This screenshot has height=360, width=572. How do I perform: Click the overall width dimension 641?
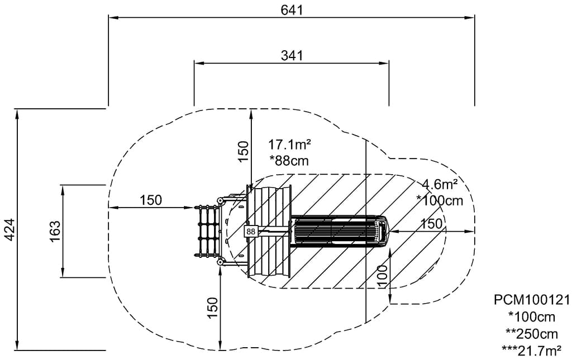pyautogui.click(x=292, y=9)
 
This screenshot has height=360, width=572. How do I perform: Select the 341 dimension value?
pyautogui.click(x=292, y=55)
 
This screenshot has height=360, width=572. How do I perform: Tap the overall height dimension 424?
pyautogui.click(x=10, y=229)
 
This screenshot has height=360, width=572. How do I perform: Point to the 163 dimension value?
pyautogui.click(x=54, y=230)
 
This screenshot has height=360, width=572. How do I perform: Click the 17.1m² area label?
pyautogui.click(x=290, y=145)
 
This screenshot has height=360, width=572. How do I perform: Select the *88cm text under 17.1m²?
pyautogui.click(x=289, y=160)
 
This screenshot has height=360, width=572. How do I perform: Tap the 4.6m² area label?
pyautogui.click(x=440, y=184)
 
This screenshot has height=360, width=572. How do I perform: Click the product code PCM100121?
pyautogui.click(x=532, y=301)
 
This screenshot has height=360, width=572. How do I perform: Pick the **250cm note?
pyautogui.click(x=532, y=334)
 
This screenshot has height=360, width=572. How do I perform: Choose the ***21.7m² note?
pyautogui.click(x=532, y=350)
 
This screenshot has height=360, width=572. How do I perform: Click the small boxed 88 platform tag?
pyautogui.click(x=250, y=231)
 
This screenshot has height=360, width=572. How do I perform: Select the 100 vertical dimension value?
pyautogui.click(x=383, y=276)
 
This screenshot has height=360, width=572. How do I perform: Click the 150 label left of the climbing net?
pyautogui.click(x=151, y=200)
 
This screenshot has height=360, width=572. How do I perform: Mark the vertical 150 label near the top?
pyautogui.click(x=242, y=151)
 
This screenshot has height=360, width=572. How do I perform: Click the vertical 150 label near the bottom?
pyautogui.click(x=212, y=308)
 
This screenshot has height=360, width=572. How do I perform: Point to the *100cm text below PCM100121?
pyautogui.click(x=532, y=317)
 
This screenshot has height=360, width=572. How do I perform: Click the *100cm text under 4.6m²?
pyautogui.click(x=440, y=200)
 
